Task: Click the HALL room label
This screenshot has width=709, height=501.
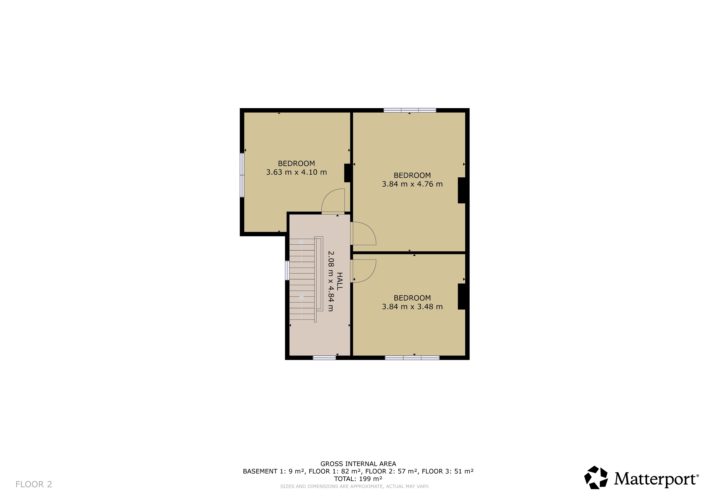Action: point(339,281)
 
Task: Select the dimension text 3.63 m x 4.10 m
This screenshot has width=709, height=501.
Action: point(296,172)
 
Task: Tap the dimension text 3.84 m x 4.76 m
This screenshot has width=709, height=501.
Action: point(412,184)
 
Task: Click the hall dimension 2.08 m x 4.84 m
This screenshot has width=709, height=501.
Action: point(331,281)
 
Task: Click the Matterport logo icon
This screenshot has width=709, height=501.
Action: point(596,478)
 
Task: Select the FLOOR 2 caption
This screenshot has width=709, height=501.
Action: point(34,484)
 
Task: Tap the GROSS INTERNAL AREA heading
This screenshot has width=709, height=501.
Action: point(358,464)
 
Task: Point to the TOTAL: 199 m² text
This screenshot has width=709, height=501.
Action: point(358,479)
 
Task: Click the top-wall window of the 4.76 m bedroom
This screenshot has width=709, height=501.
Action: point(410,110)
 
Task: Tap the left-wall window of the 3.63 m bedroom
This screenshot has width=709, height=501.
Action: point(242,175)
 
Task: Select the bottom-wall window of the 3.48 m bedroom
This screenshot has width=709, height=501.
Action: point(412,358)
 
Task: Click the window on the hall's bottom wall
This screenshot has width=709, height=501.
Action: point(324,358)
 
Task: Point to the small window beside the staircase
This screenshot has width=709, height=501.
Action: point(287,270)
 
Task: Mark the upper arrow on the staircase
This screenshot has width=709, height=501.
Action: point(302,251)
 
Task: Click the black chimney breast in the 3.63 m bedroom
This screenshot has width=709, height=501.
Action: point(347,173)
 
